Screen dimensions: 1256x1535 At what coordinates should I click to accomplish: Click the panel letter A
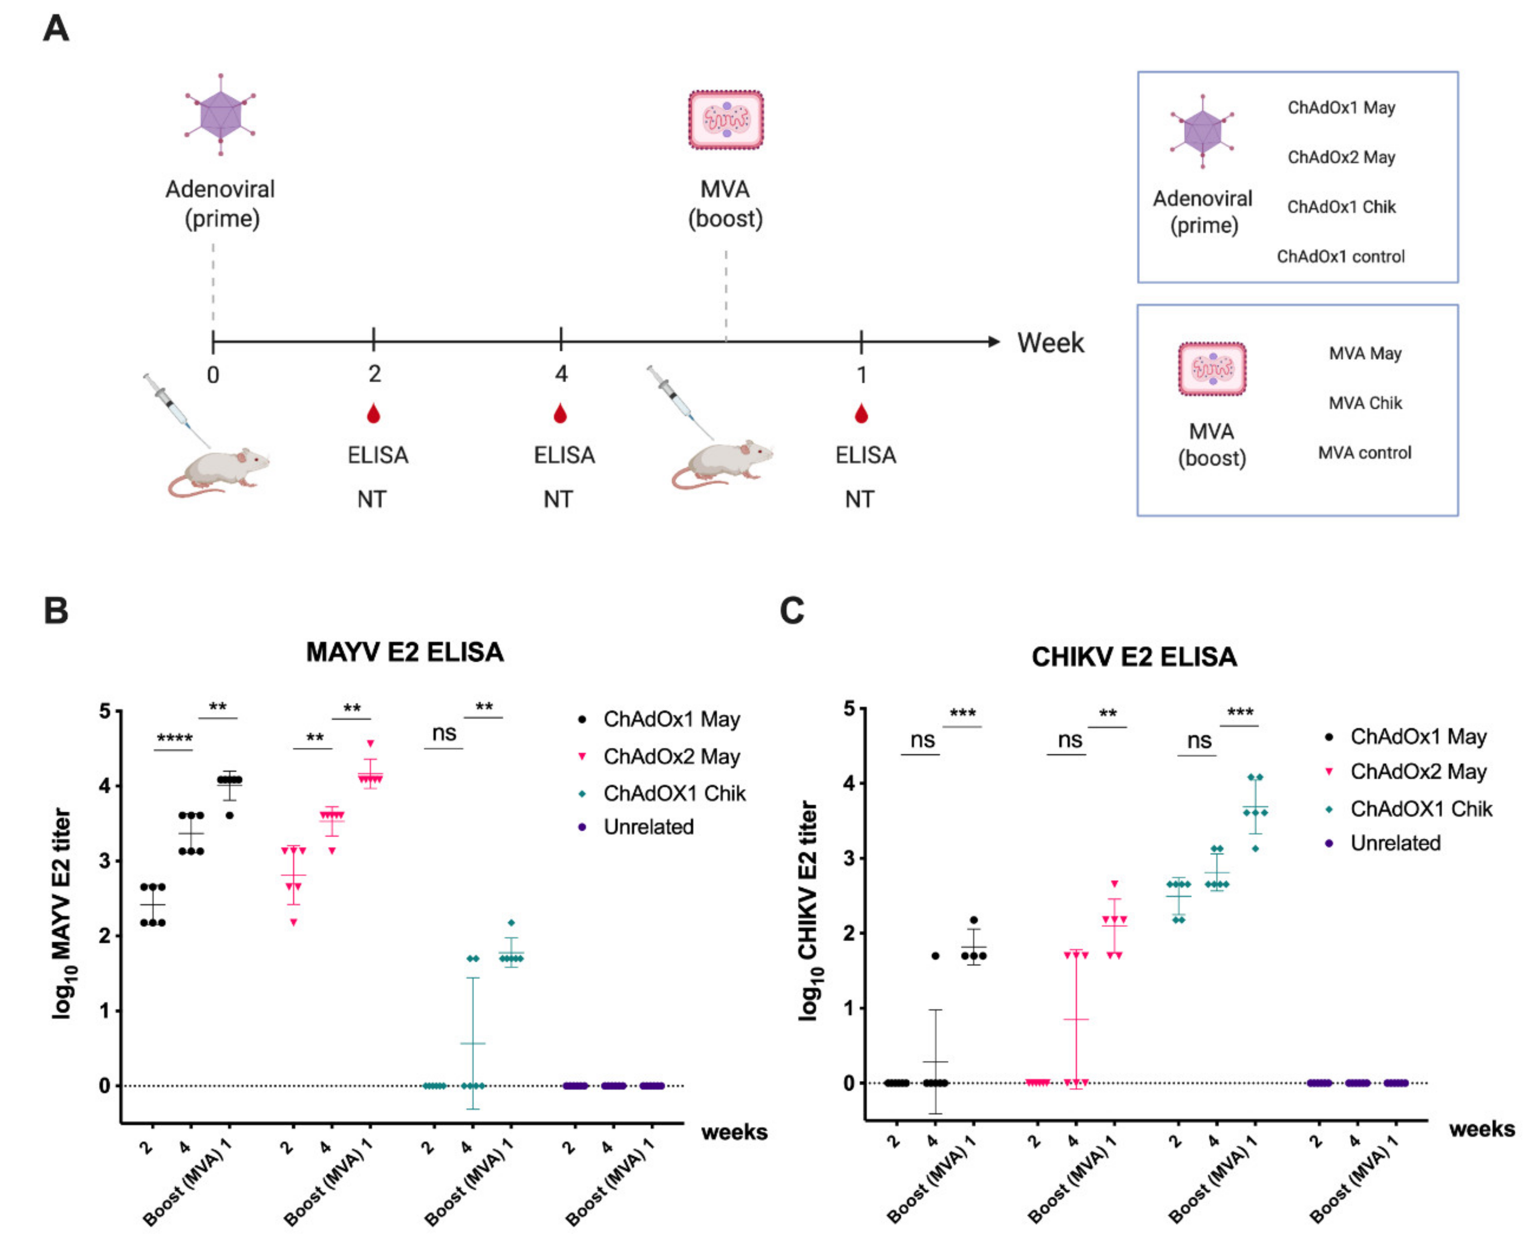tap(56, 29)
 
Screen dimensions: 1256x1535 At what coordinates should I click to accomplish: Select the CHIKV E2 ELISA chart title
tap(1134, 657)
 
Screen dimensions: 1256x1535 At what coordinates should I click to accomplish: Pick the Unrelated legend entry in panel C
tap(1395, 843)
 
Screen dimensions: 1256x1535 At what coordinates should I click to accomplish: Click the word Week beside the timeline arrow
tap(1051, 343)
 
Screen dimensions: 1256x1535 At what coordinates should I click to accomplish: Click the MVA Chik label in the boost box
tap(1365, 403)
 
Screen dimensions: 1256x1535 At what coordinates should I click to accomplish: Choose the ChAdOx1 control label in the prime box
tap(1340, 256)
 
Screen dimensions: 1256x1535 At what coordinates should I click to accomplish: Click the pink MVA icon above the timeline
tap(726, 120)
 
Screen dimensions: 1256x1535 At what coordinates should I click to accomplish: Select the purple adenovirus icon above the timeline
tap(220, 114)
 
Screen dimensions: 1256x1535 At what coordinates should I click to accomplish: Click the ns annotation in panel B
tap(444, 734)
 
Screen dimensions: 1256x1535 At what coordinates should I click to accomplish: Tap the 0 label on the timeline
tap(213, 375)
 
